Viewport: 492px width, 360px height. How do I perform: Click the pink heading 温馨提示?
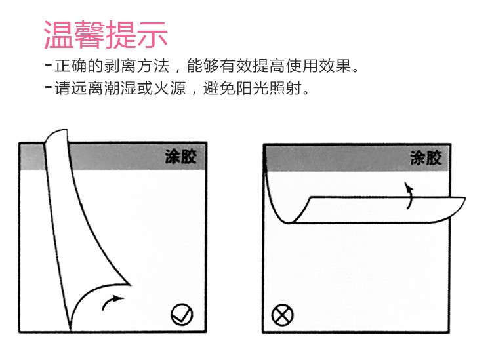point(106,35)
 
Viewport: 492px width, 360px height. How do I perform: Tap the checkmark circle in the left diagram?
point(182,315)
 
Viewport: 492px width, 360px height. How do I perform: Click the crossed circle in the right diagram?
point(282,315)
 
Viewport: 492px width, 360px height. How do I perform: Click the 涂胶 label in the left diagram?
point(181,156)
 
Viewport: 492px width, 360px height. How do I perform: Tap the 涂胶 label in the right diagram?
point(426,158)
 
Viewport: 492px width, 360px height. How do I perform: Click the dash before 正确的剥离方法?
point(49,65)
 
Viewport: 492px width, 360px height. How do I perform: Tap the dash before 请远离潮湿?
point(49,87)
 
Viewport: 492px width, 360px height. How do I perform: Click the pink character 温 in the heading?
point(58,35)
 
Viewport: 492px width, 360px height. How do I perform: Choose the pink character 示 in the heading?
point(152,35)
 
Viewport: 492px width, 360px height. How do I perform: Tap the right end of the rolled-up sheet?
point(464,199)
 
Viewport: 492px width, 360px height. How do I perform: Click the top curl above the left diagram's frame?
point(56,136)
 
